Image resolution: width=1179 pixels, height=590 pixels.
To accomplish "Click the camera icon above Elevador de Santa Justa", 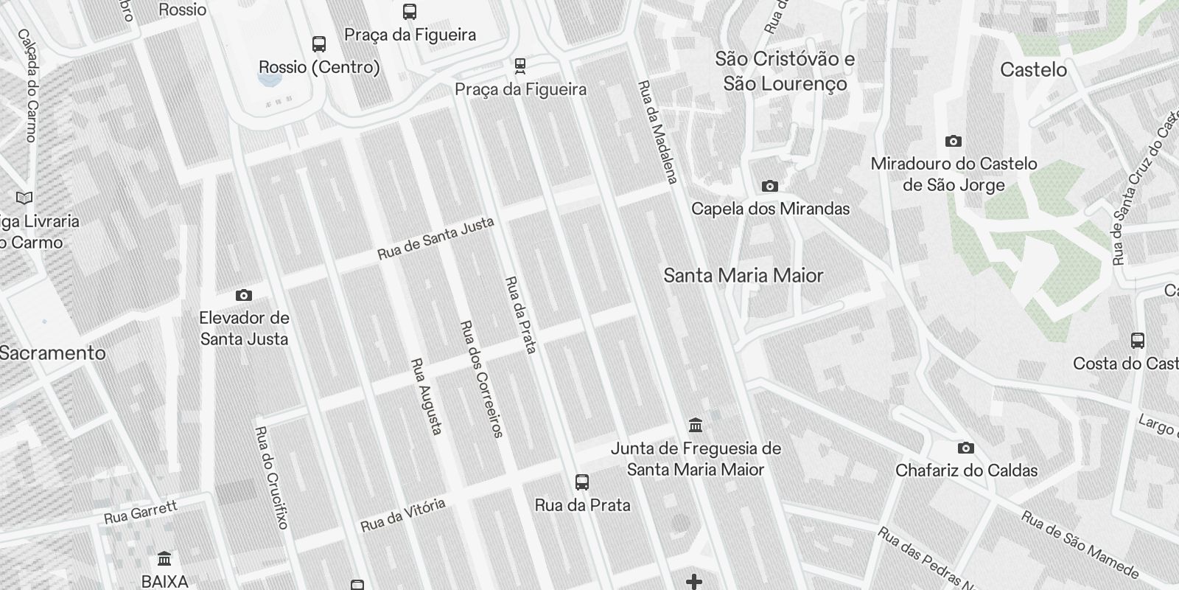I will pyautogui.click(x=244, y=296).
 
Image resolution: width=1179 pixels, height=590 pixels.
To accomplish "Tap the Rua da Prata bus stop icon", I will pyautogui.click(x=582, y=483).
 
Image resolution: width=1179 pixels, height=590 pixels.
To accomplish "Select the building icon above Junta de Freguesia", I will pyautogui.click(x=695, y=426).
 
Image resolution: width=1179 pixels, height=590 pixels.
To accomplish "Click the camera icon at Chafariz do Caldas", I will pyautogui.click(x=965, y=448).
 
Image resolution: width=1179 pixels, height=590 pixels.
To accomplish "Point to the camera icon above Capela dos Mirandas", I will pyautogui.click(x=770, y=187).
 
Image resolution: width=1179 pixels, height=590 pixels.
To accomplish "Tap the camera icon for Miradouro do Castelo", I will pyautogui.click(x=954, y=142).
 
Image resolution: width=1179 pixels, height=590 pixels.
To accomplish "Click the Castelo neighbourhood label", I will pyautogui.click(x=1033, y=70).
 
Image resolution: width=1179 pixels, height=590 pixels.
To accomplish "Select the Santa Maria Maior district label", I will pyautogui.click(x=743, y=276).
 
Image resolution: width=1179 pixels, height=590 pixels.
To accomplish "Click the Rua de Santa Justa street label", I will pyautogui.click(x=435, y=239).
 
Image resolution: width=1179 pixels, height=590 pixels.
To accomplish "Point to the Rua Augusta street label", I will pyautogui.click(x=427, y=396).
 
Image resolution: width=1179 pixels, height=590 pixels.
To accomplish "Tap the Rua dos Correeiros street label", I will pyautogui.click(x=481, y=379).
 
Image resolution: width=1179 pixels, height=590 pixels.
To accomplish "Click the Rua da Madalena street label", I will pyautogui.click(x=657, y=132).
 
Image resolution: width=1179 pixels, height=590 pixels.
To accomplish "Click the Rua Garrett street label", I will pyautogui.click(x=141, y=512).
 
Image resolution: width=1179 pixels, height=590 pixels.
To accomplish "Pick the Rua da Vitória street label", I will pyautogui.click(x=403, y=515).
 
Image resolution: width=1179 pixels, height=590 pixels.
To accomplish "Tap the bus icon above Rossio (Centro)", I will pyautogui.click(x=319, y=44).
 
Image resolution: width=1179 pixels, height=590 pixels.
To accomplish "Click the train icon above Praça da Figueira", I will pyautogui.click(x=520, y=66).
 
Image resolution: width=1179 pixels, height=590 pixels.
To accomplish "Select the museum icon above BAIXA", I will pyautogui.click(x=164, y=558).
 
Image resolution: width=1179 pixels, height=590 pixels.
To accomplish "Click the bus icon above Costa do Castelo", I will pyautogui.click(x=1138, y=341).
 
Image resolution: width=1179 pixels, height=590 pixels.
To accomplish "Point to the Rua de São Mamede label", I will pyautogui.click(x=1080, y=544).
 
